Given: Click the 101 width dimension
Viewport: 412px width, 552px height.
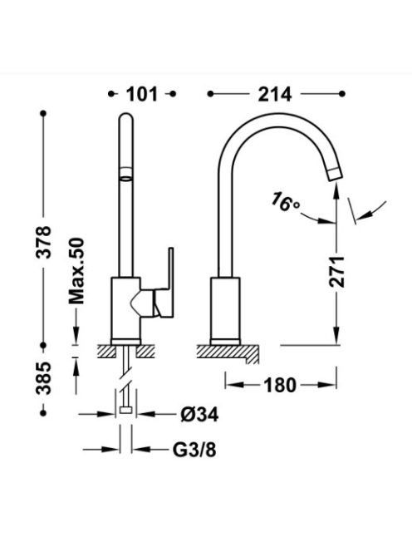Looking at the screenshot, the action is [142, 94].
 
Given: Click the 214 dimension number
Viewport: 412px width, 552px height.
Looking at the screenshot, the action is [275, 94].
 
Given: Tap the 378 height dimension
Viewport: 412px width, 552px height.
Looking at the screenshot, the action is [44, 243].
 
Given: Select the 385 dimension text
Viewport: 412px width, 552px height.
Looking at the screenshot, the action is [44, 377].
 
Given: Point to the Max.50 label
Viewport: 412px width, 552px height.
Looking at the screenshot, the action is [76, 271].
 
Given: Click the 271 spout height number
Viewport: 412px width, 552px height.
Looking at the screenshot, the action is [336, 272].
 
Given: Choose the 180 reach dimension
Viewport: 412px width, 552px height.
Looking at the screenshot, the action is [280, 385].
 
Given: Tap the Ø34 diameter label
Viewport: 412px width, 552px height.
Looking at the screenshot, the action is [199, 414].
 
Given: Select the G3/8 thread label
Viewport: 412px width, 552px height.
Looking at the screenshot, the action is [194, 450].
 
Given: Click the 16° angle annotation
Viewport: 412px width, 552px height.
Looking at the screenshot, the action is [285, 203].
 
